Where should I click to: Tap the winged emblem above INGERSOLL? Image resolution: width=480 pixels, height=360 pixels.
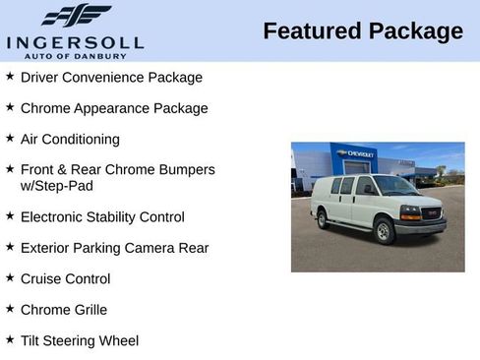77,16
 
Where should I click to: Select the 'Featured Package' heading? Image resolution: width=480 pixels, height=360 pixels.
363,31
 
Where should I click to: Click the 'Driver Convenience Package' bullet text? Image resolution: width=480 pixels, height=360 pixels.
111,77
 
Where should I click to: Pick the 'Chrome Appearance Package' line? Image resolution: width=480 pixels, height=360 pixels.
114,108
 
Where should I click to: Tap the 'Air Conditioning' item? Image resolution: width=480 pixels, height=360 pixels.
70,140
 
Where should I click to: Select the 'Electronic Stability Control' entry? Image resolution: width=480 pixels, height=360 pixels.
102,216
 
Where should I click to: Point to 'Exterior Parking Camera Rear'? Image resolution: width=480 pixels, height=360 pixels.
114,248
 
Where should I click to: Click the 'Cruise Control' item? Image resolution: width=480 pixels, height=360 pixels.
65,279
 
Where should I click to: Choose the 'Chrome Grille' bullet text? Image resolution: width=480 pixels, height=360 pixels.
64,310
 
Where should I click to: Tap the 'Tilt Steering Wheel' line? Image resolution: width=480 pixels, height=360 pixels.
80,341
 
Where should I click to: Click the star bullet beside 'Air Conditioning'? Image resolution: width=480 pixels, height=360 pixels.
10,139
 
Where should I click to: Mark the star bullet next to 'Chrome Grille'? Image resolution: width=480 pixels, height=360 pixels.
10,309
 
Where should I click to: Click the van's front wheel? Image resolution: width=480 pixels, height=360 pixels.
384,232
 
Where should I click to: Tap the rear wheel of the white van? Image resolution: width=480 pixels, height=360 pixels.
323,219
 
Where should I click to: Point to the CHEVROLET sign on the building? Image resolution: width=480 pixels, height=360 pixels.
356,153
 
